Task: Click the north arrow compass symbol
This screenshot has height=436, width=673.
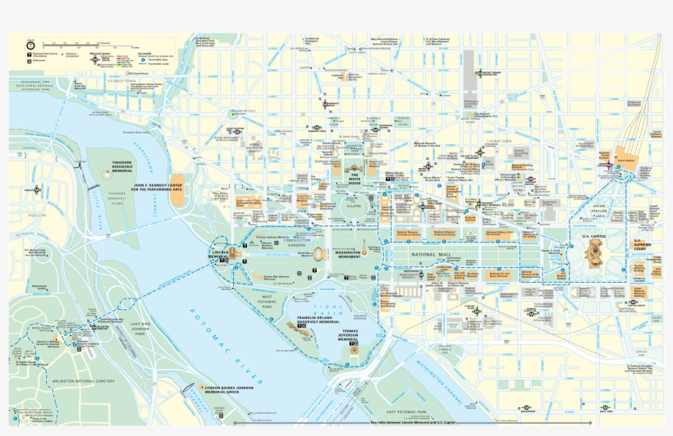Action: click(x=30, y=44)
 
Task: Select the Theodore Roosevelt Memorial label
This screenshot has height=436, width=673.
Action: click(x=122, y=167)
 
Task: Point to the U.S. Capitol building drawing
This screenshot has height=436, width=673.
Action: click(x=593, y=255)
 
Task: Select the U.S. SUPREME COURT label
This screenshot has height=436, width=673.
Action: click(x=643, y=244)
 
